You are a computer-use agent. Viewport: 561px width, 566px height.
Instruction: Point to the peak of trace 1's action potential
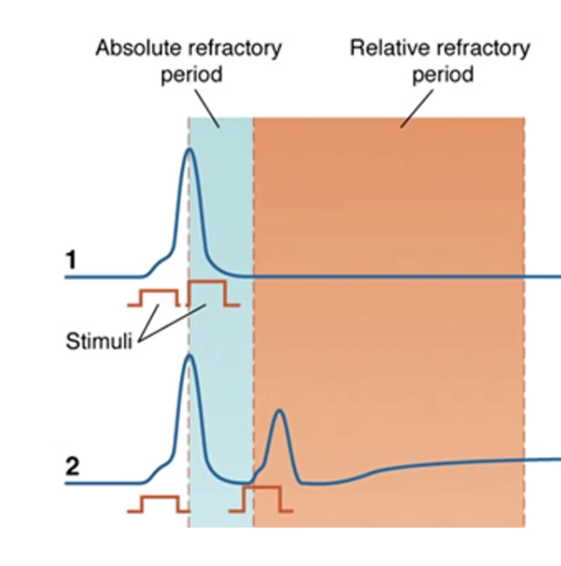188,150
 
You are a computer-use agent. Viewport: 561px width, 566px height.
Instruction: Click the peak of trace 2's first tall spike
188,357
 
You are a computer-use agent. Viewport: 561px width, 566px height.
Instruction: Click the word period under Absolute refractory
191,74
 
